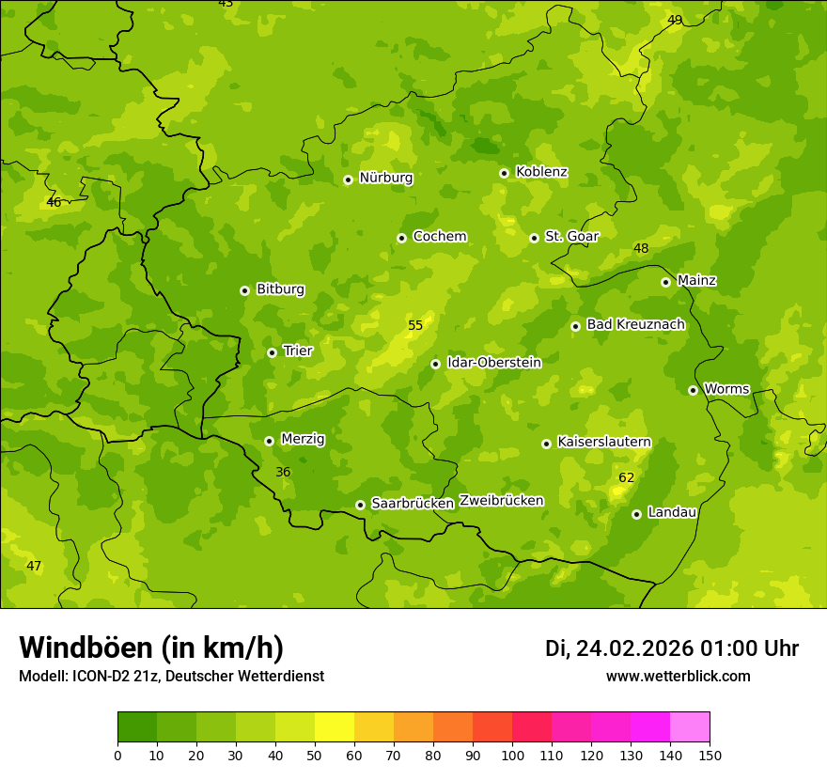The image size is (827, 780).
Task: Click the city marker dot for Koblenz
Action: (x=504, y=173)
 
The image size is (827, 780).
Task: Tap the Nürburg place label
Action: (x=385, y=178)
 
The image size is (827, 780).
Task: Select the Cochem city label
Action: (x=440, y=237)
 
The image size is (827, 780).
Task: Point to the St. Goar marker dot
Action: (x=534, y=238)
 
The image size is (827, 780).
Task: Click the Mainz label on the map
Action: (x=696, y=280)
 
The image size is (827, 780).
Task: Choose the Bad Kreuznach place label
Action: (x=635, y=324)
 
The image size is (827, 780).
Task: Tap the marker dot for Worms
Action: (x=693, y=390)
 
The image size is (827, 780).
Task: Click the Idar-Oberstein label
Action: (x=493, y=362)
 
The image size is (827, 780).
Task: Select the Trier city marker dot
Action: (x=272, y=352)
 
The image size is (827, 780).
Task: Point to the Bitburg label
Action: (x=280, y=289)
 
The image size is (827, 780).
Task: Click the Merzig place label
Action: (x=303, y=439)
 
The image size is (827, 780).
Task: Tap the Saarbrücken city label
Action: (x=413, y=504)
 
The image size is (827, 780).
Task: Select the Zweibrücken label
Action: (x=501, y=501)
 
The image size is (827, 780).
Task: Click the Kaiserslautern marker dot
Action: (x=546, y=444)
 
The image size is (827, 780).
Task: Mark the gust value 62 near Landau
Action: (x=626, y=478)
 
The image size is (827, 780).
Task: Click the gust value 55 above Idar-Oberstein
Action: (x=414, y=326)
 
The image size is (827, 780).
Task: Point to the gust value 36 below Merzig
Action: (x=283, y=472)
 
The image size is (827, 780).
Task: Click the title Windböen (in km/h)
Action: (x=151, y=647)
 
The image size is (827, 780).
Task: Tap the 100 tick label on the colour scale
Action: (x=512, y=756)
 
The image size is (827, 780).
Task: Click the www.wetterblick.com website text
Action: (x=678, y=677)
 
